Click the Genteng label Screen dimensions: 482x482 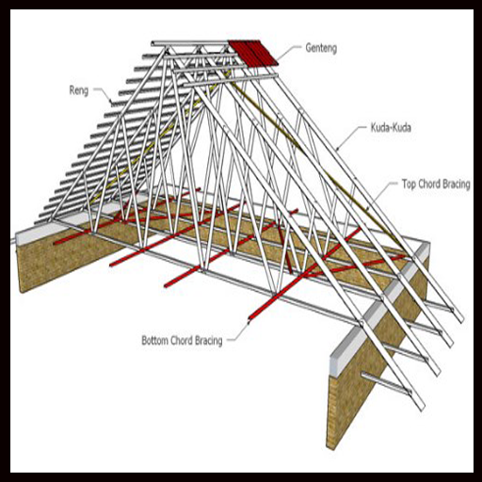point(321,48)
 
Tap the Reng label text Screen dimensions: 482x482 point(79,90)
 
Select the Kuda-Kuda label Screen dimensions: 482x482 point(391,128)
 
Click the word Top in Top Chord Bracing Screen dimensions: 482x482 point(410,185)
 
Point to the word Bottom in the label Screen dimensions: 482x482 point(156,341)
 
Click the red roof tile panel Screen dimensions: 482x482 point(253,53)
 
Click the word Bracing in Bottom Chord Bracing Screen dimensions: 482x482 point(209,341)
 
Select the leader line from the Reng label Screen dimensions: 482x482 point(103,94)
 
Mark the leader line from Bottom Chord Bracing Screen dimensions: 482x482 point(240,332)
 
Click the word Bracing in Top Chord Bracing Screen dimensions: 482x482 point(458,185)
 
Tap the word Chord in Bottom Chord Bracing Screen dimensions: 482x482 point(183,341)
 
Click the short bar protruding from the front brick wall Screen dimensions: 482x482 point(386,382)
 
